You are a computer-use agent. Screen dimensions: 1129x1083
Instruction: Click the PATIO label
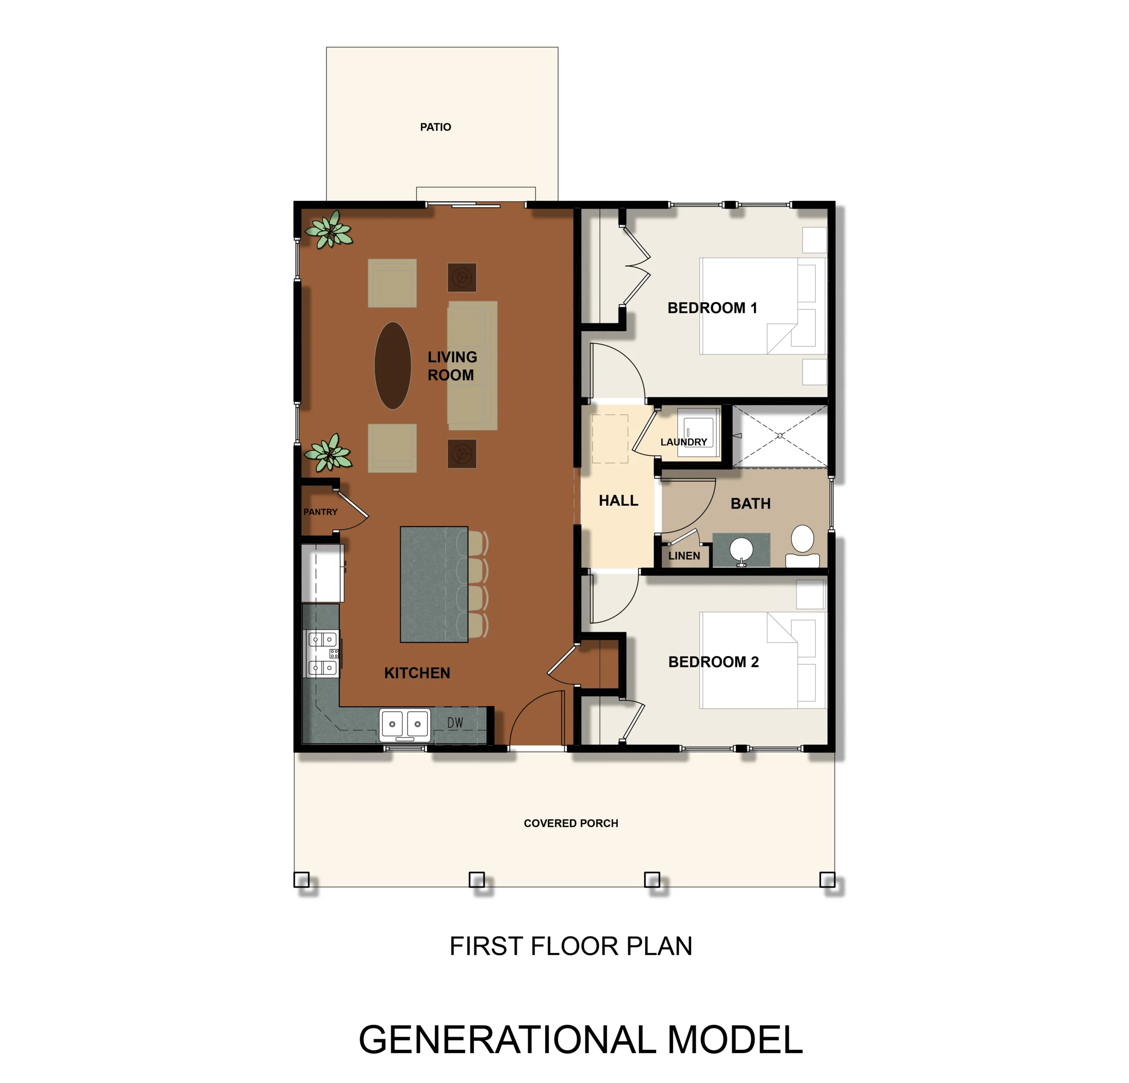[x=435, y=127]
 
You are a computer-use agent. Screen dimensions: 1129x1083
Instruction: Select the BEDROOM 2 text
[x=713, y=661]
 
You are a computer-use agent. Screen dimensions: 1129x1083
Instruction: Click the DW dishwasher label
[x=455, y=723]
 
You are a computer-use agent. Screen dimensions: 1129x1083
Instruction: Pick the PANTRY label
[x=320, y=512]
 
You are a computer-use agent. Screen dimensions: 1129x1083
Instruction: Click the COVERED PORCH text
[x=571, y=823]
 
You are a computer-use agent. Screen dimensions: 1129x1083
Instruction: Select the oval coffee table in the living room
[x=393, y=365]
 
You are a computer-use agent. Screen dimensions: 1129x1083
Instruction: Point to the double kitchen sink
[x=404, y=724]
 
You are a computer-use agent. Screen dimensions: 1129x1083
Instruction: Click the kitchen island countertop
[x=434, y=584]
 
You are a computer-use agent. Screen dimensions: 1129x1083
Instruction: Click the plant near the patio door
[x=329, y=229]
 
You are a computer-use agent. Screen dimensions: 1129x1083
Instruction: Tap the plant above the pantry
[x=328, y=453]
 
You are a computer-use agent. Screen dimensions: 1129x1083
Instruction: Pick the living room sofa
[x=472, y=365]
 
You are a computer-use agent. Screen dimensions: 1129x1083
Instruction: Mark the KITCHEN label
[x=417, y=672]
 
